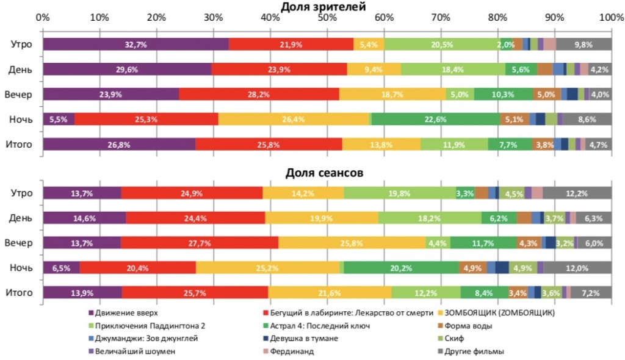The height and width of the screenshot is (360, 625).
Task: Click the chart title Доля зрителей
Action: pos(323,7)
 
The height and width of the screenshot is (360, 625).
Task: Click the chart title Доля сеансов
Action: pos(325,173)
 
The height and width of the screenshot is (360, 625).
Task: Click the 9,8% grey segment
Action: pos(583,44)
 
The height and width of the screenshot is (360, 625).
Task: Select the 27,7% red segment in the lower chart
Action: pos(200,243)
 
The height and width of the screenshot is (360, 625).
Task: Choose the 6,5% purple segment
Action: pos(61,268)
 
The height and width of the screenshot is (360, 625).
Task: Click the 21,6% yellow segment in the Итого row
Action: pos(330,293)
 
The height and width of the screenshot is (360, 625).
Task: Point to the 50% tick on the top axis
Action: pos(327,18)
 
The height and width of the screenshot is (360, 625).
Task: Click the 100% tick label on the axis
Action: pos(611,18)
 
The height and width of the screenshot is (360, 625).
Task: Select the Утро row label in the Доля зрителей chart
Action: pos(21,44)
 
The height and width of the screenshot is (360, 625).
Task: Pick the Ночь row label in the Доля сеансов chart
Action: pos(21,268)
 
